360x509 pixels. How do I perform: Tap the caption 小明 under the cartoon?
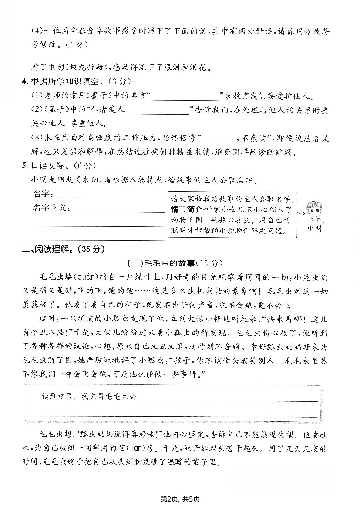(314, 228)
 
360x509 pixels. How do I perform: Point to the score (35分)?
(91, 249)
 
